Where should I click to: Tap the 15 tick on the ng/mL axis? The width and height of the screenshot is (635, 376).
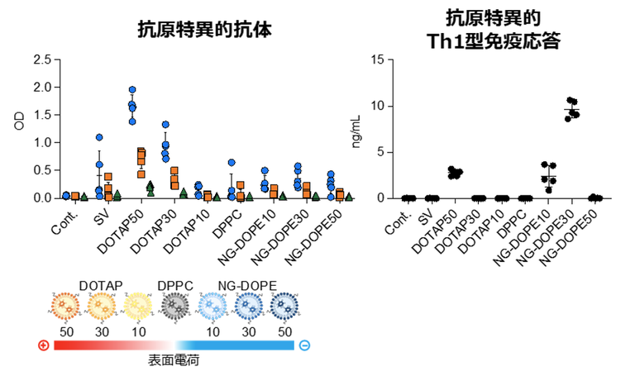coord(380,59)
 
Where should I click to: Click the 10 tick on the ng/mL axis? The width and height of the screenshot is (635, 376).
coord(380,106)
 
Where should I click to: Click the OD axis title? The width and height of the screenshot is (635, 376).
coord(19,124)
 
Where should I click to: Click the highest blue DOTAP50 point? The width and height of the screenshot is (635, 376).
coord(132,90)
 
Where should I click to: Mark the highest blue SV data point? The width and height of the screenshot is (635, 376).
coord(99,138)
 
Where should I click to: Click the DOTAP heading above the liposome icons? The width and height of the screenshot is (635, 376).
coord(101,286)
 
